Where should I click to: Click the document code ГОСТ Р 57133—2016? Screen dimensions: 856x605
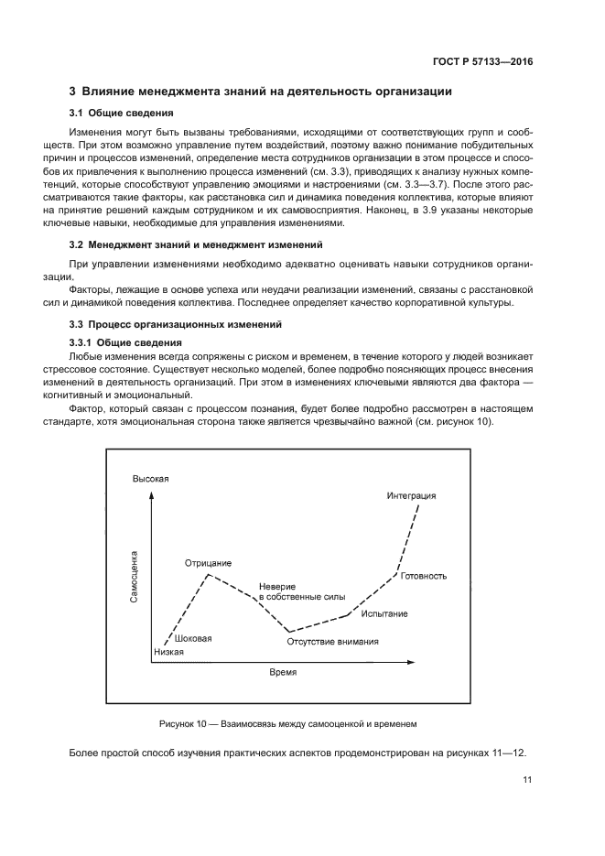483,62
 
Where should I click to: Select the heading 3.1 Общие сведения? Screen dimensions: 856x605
122,114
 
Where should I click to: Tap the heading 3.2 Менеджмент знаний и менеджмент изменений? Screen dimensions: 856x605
196,245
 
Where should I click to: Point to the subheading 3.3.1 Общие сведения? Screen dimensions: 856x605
128,341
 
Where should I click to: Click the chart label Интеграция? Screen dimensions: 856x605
411,495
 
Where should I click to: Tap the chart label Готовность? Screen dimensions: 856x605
424,576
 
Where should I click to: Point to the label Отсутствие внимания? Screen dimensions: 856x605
332,642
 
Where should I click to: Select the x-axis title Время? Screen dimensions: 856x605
283,671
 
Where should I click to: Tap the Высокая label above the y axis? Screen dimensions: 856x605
151,480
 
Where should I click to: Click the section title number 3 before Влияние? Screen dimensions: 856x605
73,92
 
